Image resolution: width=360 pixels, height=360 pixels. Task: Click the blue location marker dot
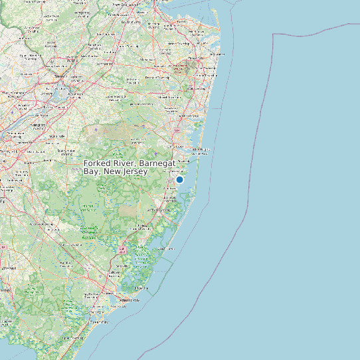179,179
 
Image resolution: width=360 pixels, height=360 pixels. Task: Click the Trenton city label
60,77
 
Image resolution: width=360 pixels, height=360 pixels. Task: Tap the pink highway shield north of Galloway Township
122,250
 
